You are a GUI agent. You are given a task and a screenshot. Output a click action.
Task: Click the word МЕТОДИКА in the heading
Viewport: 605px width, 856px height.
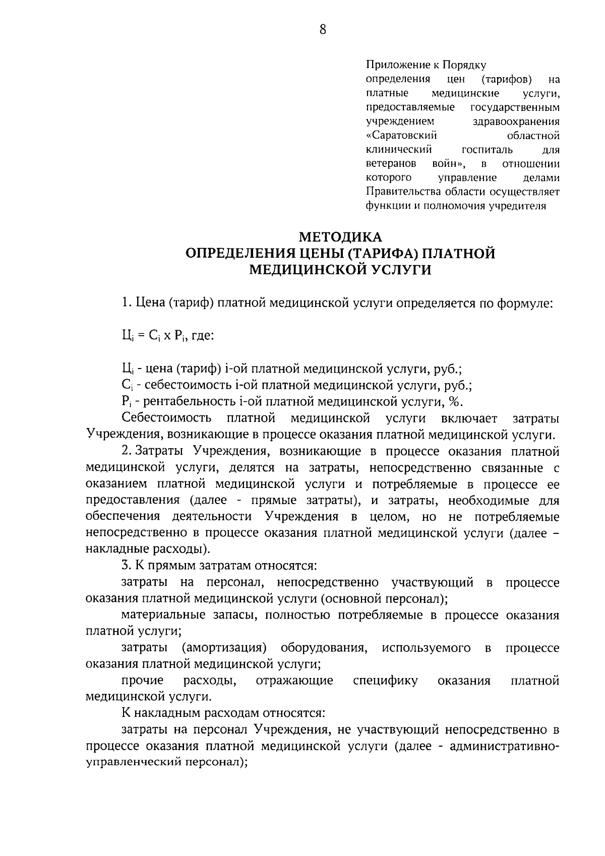point(341,236)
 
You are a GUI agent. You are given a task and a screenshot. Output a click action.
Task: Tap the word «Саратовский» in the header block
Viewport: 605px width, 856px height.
point(401,136)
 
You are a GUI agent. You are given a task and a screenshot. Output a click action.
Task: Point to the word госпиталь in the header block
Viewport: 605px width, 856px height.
point(487,150)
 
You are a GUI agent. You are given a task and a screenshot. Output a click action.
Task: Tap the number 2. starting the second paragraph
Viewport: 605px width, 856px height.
point(127,451)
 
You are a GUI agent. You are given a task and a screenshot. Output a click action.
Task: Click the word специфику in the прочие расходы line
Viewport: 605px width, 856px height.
point(385,681)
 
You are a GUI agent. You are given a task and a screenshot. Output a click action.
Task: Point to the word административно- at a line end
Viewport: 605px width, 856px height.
point(505,746)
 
